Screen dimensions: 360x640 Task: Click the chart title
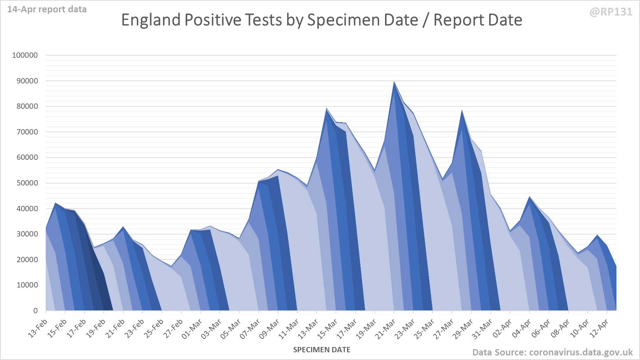click(321, 20)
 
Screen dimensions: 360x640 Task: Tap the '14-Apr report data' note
click(47, 10)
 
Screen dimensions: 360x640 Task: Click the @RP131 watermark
click(611, 12)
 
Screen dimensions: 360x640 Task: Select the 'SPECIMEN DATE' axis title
click(321, 350)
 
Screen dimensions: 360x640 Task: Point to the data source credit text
click(552, 352)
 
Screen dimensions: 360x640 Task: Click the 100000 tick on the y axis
click(25, 55)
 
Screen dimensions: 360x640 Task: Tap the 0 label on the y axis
click(36, 311)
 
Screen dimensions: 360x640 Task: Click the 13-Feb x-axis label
click(38, 328)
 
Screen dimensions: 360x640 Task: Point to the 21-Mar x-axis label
click(386, 328)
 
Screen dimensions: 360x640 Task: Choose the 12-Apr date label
click(599, 328)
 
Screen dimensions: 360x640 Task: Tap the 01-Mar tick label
click(192, 328)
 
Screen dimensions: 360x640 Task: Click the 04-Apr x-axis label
click(521, 328)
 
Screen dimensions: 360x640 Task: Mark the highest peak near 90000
click(394, 82)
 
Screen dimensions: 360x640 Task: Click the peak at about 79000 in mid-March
click(327, 109)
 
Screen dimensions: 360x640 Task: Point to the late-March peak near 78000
click(462, 111)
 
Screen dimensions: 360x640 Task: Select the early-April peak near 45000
click(530, 197)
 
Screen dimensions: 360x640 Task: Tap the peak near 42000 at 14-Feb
click(56, 203)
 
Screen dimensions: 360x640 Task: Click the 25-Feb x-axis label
click(154, 328)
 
